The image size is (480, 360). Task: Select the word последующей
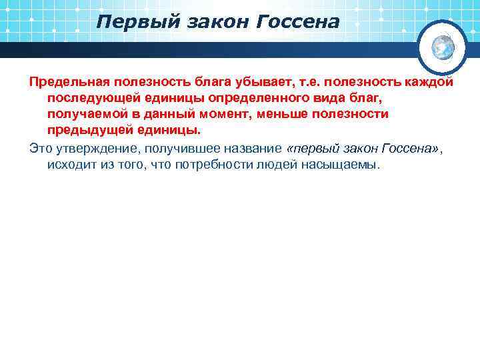point(88,98)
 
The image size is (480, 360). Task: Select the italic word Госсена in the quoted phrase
point(409,148)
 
